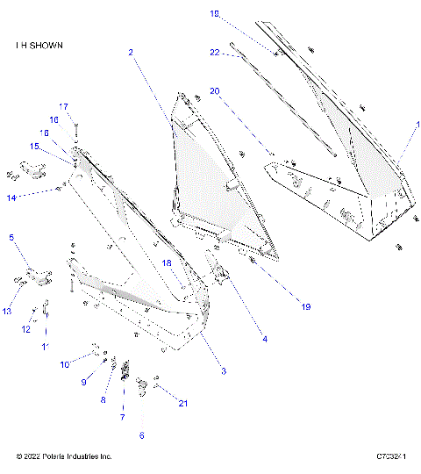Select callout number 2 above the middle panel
[130, 53]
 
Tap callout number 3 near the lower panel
[224, 372]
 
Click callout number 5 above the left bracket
[11, 237]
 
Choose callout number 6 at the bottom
[142, 435]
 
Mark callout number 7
[122, 417]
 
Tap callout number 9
[85, 382]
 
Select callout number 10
[65, 364]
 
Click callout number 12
[26, 330]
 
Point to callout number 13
[6, 311]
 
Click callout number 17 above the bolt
[63, 106]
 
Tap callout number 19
[306, 307]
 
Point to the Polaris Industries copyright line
[64, 456]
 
